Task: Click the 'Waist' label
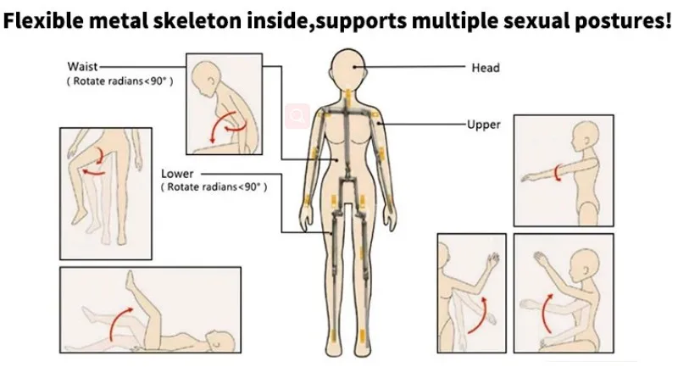pyautogui.click(x=82, y=67)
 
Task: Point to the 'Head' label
pyautogui.click(x=485, y=68)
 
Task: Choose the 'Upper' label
pyautogui.click(x=483, y=125)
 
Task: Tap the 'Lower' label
pyautogui.click(x=177, y=174)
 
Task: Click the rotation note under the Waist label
pyautogui.click(x=119, y=81)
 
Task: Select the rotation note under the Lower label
pyautogui.click(x=214, y=187)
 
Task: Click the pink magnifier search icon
pyautogui.click(x=297, y=116)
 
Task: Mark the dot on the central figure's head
pyautogui.click(x=354, y=67)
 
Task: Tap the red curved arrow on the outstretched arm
pyautogui.click(x=558, y=173)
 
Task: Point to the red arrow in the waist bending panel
pyautogui.click(x=227, y=126)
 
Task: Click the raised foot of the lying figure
pyautogui.click(x=130, y=281)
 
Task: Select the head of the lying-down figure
pyautogui.click(x=220, y=342)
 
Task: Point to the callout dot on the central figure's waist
pyautogui.click(x=337, y=159)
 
